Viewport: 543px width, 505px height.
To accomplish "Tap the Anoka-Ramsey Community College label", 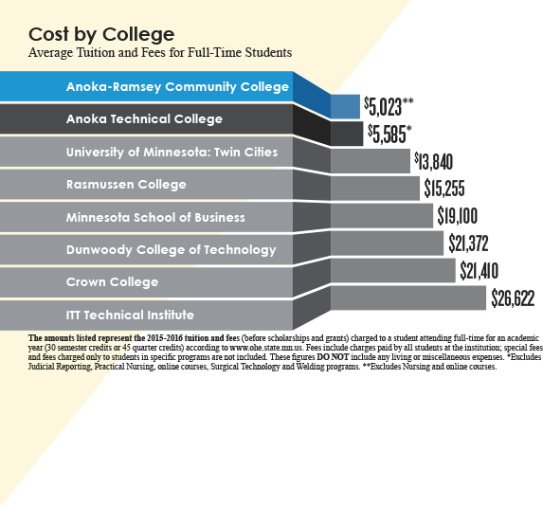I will pyautogui.click(x=177, y=87).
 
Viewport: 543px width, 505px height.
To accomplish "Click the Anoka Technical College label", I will pyautogui.click(x=144, y=119).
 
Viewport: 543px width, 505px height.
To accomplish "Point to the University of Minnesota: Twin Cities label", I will pyautogui.click(x=172, y=152).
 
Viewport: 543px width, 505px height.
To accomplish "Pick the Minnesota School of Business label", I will pyautogui.click(x=155, y=217).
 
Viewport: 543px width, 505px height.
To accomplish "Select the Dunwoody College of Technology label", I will pyautogui.click(x=172, y=250).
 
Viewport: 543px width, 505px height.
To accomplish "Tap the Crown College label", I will pyautogui.click(x=105, y=282).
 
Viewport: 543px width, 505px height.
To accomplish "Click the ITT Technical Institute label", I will pyautogui.click(x=130, y=315).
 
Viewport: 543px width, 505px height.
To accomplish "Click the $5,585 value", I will pyautogui.click(x=389, y=133).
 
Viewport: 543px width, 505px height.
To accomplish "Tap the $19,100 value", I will pyautogui.click(x=460, y=216).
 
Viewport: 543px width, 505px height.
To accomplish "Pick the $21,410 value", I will pyautogui.click(x=479, y=272).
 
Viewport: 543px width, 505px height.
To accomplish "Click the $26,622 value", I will pyautogui.click(x=513, y=299).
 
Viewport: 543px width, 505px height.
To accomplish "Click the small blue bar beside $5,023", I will pyautogui.click(x=344, y=105).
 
